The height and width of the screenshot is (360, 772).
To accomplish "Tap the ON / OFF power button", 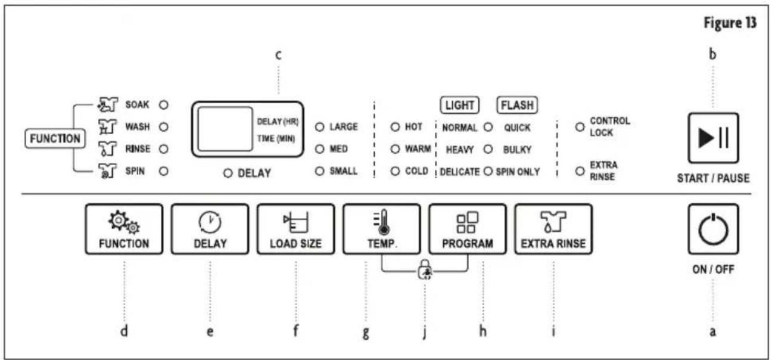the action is (x=713, y=229).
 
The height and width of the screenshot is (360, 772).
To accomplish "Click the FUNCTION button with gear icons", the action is (x=124, y=229).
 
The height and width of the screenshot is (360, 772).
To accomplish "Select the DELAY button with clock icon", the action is (x=210, y=229).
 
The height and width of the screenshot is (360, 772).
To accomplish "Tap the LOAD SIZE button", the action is (x=295, y=229).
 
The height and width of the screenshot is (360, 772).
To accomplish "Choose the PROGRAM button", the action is (x=468, y=229).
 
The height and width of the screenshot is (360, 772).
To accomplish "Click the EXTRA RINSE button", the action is (x=553, y=229).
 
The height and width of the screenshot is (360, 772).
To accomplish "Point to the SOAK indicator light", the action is (x=164, y=104).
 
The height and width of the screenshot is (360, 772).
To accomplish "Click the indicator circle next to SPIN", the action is (x=164, y=171).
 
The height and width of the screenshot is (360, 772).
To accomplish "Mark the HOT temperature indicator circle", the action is (x=395, y=127).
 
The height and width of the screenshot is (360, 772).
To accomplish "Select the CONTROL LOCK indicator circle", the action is (x=580, y=127).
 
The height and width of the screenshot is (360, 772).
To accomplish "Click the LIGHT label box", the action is (x=460, y=105).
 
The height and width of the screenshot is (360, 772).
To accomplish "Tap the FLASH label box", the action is (x=517, y=105).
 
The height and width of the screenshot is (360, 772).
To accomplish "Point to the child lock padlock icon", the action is (x=425, y=269).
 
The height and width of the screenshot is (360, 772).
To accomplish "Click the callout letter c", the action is (x=278, y=55).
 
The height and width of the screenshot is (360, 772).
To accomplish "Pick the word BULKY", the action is (x=517, y=150).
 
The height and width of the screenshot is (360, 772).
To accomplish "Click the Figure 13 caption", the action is (x=730, y=23).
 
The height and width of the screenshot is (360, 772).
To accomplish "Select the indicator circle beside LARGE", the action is (x=319, y=127).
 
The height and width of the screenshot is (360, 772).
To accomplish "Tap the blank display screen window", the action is (x=225, y=129).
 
